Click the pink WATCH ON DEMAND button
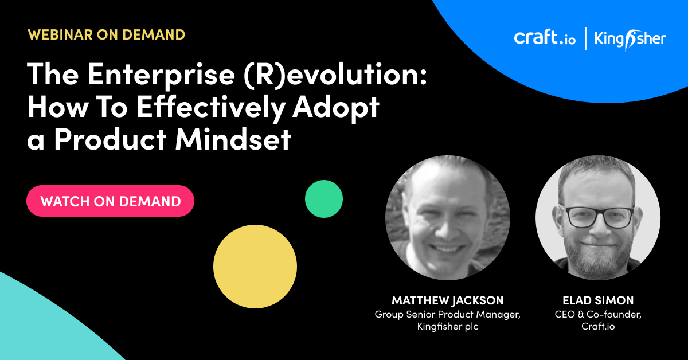[110, 201]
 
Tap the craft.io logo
[545, 38]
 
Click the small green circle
[324, 199]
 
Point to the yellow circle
[255, 267]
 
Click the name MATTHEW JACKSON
[448, 300]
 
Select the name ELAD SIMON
[598, 300]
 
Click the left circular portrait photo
[448, 218]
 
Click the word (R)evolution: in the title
[335, 75]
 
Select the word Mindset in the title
[233, 139]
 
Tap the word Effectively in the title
[211, 108]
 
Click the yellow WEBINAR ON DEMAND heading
[106, 35]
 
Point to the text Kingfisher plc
[448, 327]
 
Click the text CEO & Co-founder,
[598, 314]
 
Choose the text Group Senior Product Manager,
[448, 315]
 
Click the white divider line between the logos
[586, 38]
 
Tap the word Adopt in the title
[336, 108]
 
